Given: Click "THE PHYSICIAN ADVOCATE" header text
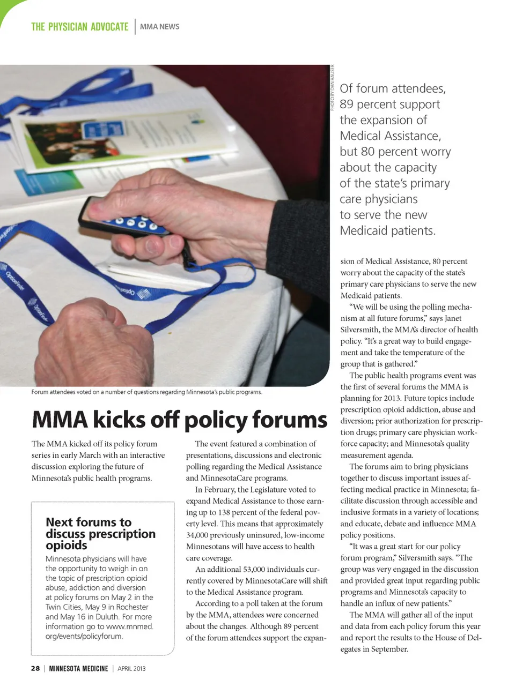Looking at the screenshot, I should [79, 26].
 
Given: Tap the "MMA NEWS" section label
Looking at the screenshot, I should [160, 26].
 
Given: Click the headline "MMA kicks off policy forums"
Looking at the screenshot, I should [179, 420].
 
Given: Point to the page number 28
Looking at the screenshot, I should [35, 668].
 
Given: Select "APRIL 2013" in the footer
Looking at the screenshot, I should [131, 668].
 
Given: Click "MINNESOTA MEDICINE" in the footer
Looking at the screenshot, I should [78, 668].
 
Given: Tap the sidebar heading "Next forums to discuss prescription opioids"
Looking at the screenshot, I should [100, 533].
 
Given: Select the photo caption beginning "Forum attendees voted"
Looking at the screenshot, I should [146, 392].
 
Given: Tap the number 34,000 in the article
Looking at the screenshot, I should [197, 535].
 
